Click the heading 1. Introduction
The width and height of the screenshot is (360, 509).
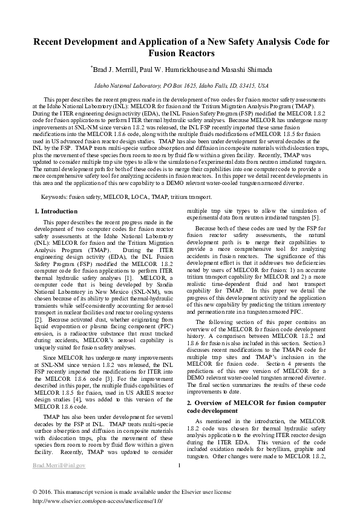point(56,211)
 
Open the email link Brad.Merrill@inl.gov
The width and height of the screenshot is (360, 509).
point(59,465)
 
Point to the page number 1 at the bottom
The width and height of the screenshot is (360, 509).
point(180,465)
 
